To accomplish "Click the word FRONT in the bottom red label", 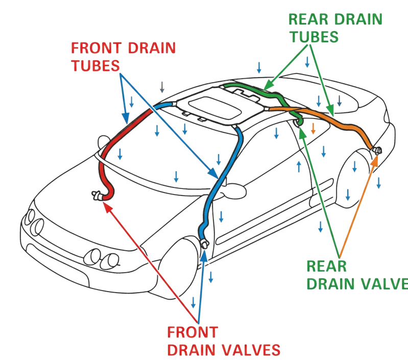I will point(193,333).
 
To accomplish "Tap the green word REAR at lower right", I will point(327,267).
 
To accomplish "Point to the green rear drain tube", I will point(255,92).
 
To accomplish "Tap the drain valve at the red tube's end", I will point(98,194).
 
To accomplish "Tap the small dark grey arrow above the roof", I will point(162,87).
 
